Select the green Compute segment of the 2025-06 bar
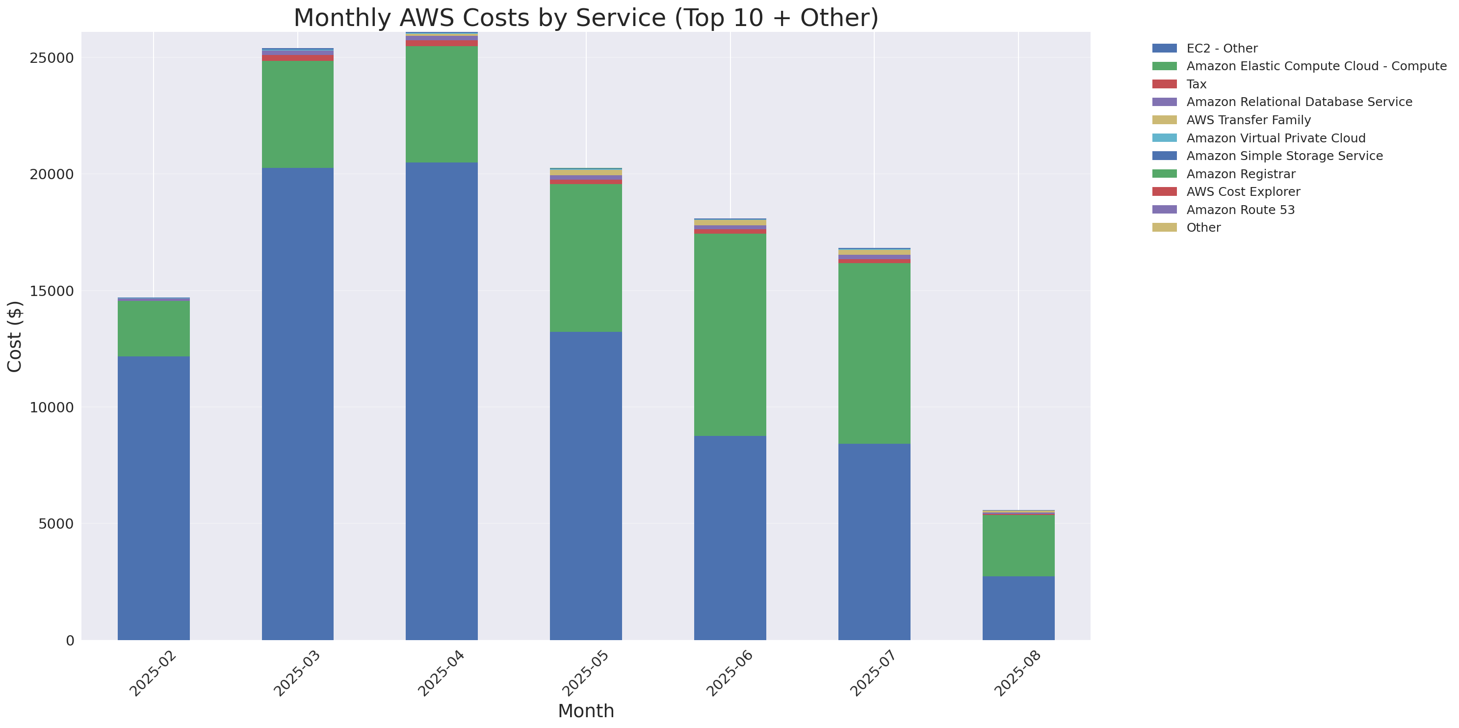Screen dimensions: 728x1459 (729, 334)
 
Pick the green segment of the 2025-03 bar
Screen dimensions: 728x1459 (297, 114)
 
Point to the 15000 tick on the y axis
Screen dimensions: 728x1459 (52, 291)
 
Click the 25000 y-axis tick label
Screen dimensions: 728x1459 (52, 58)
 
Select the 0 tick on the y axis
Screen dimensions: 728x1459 (70, 641)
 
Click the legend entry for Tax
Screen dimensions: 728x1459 (1196, 84)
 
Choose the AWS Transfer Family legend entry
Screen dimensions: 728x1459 (1249, 120)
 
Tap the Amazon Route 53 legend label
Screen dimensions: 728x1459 (1240, 210)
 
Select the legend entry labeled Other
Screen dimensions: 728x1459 (1203, 228)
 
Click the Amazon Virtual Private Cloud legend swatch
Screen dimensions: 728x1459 (1164, 137)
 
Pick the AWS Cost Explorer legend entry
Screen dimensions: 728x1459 (1243, 191)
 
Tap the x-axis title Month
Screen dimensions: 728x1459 (586, 711)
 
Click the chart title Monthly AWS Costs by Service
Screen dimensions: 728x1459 (586, 18)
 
